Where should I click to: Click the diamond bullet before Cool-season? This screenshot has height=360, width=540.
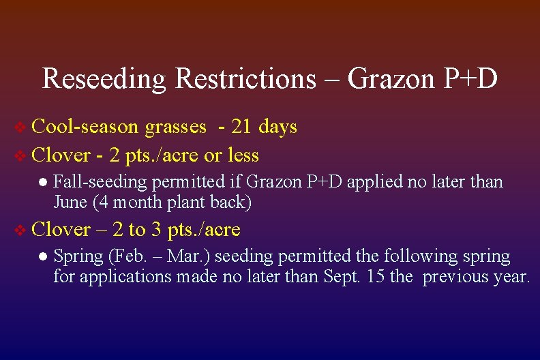(21, 127)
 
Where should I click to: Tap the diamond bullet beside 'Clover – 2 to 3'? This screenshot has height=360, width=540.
(21, 230)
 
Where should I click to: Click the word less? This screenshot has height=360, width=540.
(243, 155)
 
